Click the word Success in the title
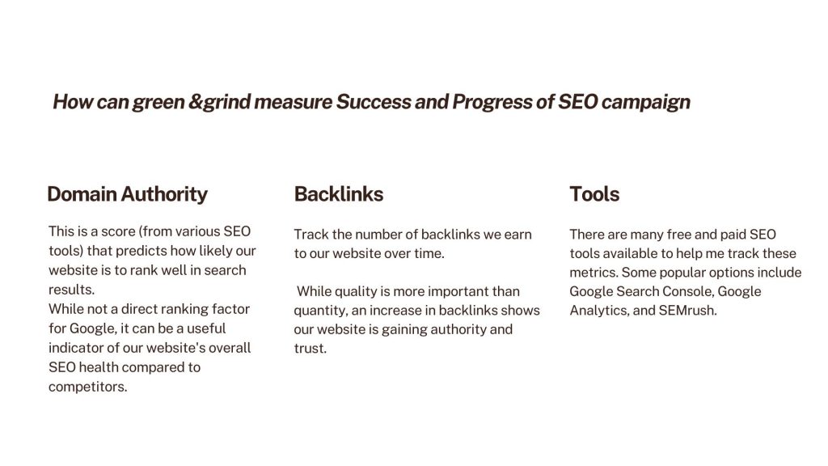374,101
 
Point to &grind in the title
219,102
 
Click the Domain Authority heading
127,194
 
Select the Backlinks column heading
339,194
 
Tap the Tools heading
594,194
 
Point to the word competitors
87,387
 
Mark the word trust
310,349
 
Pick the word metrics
594,273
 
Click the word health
101,367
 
